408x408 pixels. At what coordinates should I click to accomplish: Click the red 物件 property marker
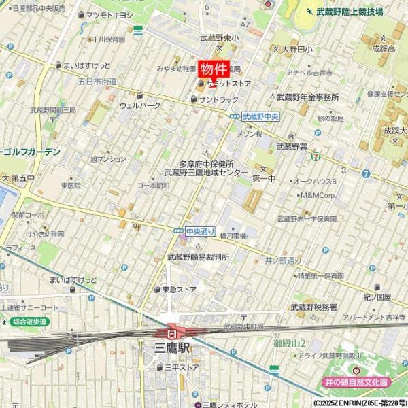(213, 70)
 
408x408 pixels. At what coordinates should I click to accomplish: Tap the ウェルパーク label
(140, 105)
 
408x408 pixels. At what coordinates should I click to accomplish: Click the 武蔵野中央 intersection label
(261, 117)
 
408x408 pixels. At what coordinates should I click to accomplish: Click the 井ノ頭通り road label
(282, 260)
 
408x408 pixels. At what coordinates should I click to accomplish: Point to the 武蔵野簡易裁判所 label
(198, 257)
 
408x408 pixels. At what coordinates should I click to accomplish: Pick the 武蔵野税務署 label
(314, 307)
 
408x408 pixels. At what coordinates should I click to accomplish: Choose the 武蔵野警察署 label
(292, 146)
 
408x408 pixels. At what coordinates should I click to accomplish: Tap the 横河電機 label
(233, 235)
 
